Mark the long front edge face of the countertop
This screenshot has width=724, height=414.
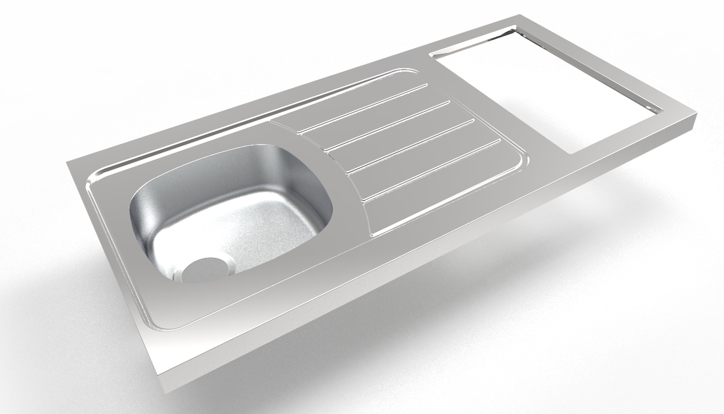(414, 274)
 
